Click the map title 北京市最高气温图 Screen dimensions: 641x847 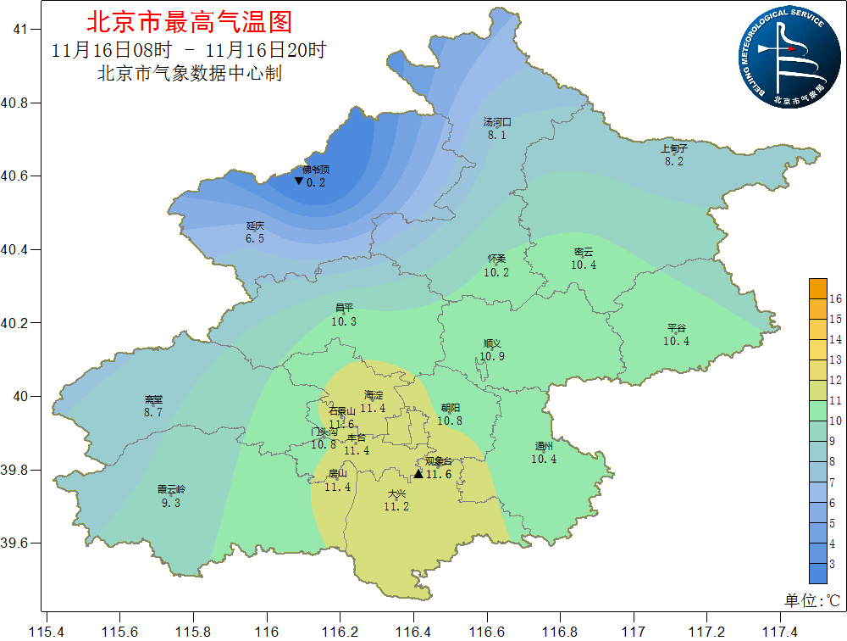pyautogui.click(x=189, y=20)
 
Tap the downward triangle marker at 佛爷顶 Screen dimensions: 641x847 pyautogui.click(x=298, y=181)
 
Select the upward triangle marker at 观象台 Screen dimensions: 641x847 pyautogui.click(x=418, y=474)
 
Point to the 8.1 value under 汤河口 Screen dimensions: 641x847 pyautogui.click(x=496, y=135)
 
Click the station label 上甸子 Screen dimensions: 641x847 pyautogui.click(x=673, y=148)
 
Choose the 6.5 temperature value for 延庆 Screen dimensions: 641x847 pyautogui.click(x=255, y=239)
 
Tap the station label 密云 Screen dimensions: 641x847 pyautogui.click(x=584, y=252)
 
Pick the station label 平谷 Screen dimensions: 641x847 pyautogui.click(x=676, y=328)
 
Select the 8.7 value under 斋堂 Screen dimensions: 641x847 pyautogui.click(x=152, y=412)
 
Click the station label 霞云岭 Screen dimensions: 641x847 pyautogui.click(x=170, y=489)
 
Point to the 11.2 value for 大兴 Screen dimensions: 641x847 pyautogui.click(x=396, y=506)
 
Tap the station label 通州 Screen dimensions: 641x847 pyautogui.click(x=544, y=446)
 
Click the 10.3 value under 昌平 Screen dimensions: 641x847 pyautogui.click(x=344, y=321)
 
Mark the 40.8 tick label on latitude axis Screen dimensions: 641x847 pyautogui.click(x=16, y=103)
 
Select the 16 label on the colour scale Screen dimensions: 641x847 pyautogui.click(x=834, y=298)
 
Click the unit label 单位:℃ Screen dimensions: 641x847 pyautogui.click(x=811, y=600)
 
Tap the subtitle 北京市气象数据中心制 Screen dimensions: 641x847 pyautogui.click(x=189, y=74)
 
